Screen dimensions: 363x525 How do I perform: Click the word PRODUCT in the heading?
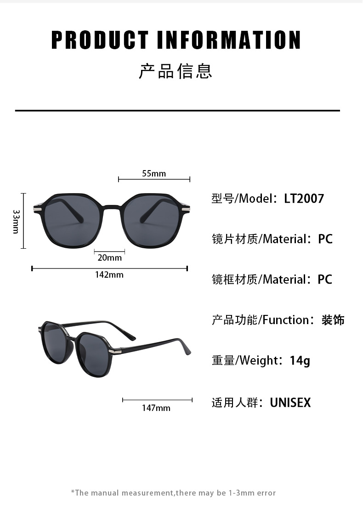coord(100,40)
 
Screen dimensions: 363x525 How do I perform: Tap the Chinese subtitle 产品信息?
coord(176,72)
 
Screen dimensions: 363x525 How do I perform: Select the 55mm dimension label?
coord(154,173)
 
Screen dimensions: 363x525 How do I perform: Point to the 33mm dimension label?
coord(16,221)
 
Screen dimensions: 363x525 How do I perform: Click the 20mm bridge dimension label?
coord(110,257)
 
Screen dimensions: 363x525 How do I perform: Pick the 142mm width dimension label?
coord(109,275)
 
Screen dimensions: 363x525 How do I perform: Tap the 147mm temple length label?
coord(156,408)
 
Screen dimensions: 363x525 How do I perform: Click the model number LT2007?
coord(304,199)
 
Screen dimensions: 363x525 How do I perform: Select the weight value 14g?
coord(300,360)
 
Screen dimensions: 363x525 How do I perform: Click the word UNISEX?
coord(290,403)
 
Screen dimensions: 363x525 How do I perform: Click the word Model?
coord(256,199)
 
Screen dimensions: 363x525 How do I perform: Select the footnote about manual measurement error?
coord(173,493)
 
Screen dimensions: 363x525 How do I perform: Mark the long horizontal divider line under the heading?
coord(177,111)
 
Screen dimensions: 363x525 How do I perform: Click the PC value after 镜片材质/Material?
coord(325,239)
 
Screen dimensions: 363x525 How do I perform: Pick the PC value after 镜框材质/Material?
coord(325,280)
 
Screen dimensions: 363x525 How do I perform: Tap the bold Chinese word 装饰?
coord(333,320)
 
